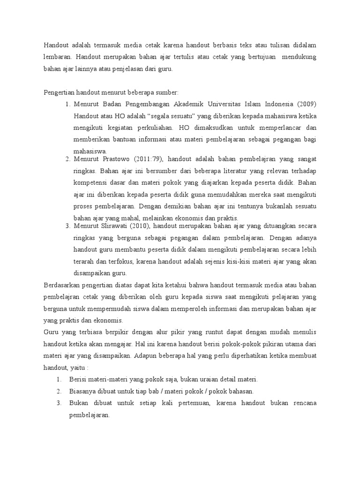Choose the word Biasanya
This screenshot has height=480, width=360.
(82, 390)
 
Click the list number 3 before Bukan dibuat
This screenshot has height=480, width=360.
(59, 403)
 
